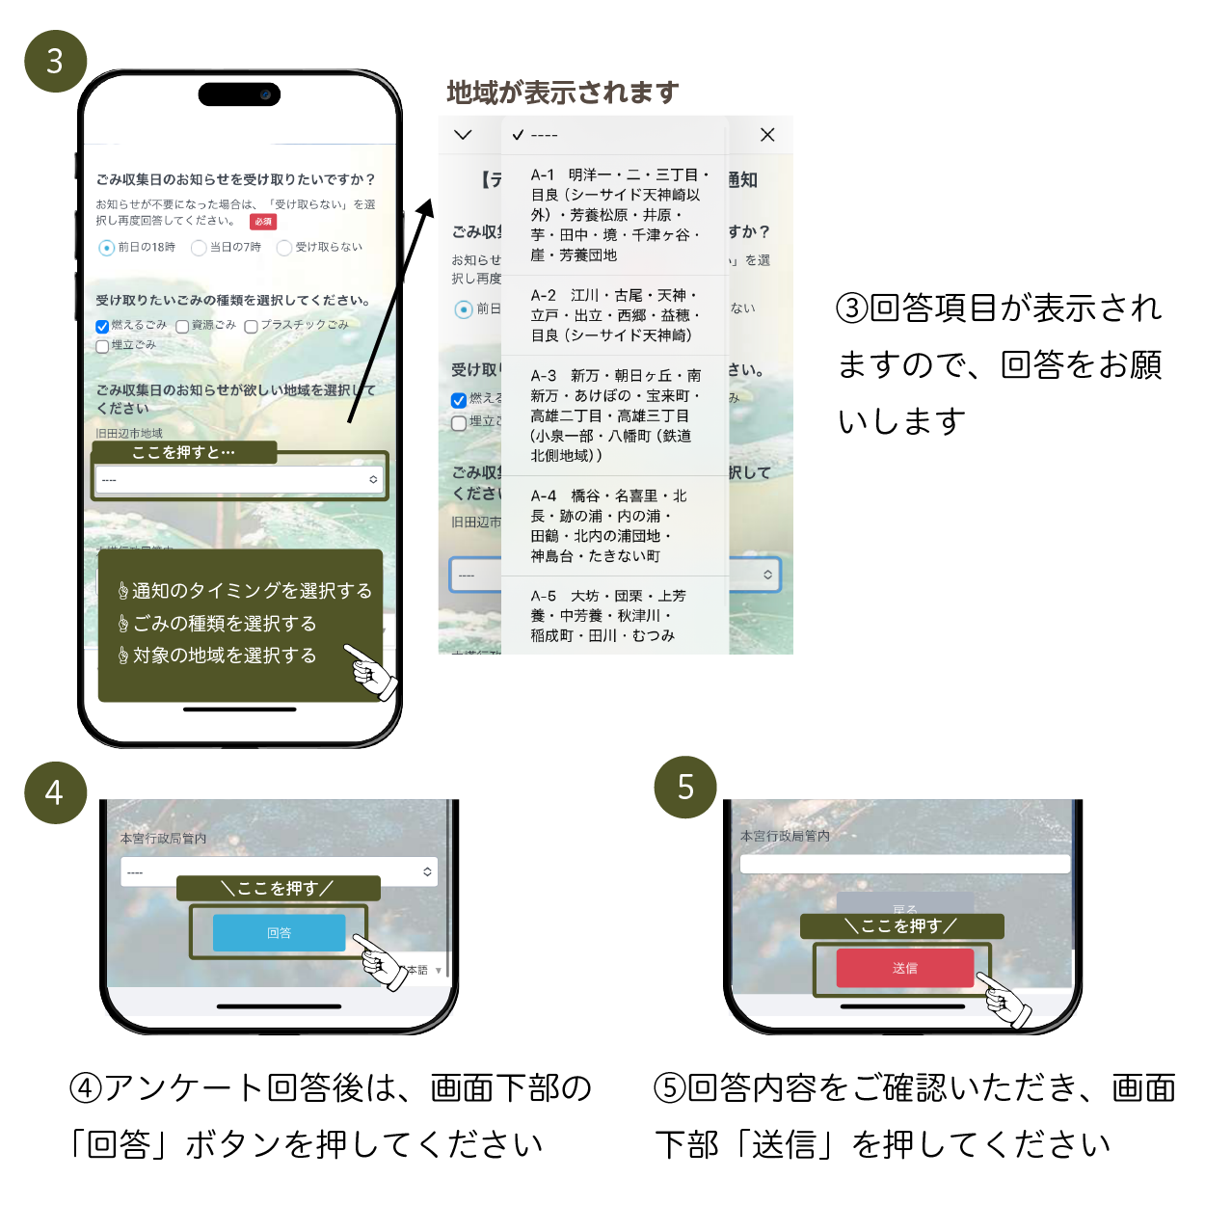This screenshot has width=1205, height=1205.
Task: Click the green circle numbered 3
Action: click(55, 61)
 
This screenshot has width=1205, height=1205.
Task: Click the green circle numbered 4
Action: click(55, 792)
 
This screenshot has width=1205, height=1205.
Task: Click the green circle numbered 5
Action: click(685, 787)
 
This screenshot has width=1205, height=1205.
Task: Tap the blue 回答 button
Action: click(279, 932)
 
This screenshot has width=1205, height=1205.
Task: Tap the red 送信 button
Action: click(904, 968)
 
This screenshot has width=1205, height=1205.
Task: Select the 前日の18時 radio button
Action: click(107, 248)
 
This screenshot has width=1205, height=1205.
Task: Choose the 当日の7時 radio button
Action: click(199, 248)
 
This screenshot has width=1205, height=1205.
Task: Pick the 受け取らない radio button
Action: click(284, 248)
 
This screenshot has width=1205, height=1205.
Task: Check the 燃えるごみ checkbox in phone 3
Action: click(102, 327)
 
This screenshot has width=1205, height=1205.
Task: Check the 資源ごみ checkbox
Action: click(182, 327)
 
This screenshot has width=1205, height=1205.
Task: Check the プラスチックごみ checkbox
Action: click(251, 327)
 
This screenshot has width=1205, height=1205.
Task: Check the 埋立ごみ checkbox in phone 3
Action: click(102, 346)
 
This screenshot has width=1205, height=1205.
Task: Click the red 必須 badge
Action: click(263, 222)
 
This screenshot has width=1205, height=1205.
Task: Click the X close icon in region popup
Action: click(767, 135)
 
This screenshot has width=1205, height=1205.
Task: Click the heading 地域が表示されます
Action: click(563, 93)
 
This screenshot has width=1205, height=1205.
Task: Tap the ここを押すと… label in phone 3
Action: click(184, 452)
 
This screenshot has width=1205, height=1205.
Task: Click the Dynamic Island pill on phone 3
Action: click(239, 94)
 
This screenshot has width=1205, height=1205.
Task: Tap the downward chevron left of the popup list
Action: click(463, 135)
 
